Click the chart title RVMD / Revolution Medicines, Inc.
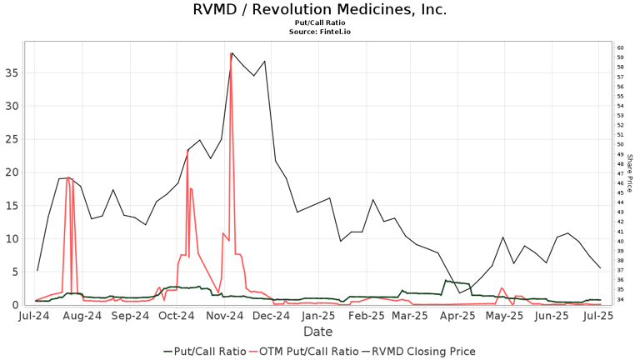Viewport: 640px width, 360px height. click(319, 10)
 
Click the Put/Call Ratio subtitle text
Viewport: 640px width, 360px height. click(319, 23)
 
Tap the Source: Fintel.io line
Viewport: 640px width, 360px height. click(319, 32)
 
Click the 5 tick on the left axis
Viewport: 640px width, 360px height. click(15, 272)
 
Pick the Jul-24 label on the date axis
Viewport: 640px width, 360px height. click(35, 317)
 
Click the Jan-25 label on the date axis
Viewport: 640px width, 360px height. click(318, 317)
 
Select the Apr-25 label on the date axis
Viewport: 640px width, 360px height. click(457, 317)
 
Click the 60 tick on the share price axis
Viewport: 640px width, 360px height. click(620, 48)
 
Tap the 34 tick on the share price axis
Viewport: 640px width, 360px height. click(620, 300)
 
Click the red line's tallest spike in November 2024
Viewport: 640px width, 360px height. click(231, 54)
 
